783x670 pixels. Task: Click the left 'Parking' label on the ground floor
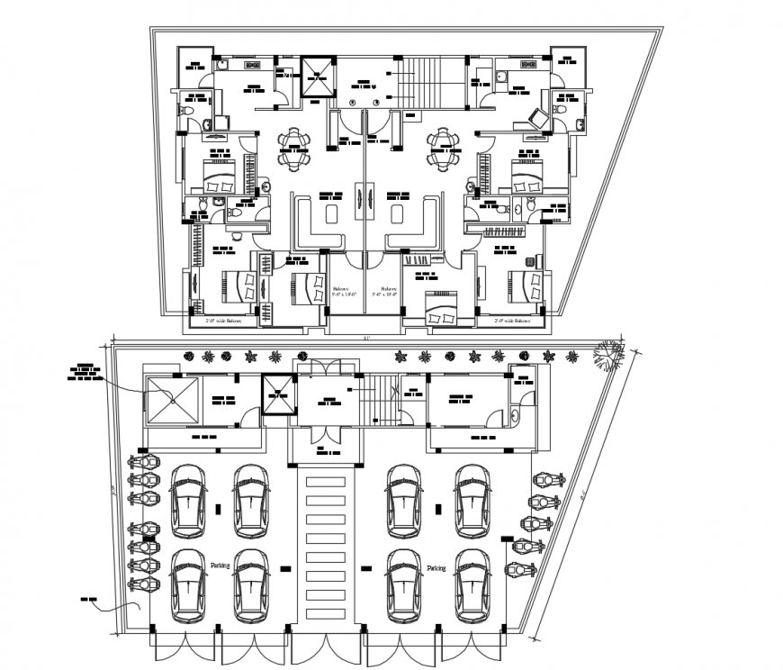220,565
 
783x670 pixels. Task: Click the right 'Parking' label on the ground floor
436,568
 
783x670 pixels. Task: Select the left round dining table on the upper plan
294,149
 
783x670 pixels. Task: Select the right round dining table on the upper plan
442,149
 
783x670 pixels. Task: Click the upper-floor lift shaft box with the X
316,79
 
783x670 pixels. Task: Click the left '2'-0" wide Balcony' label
224,320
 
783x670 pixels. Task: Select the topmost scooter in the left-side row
144,463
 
